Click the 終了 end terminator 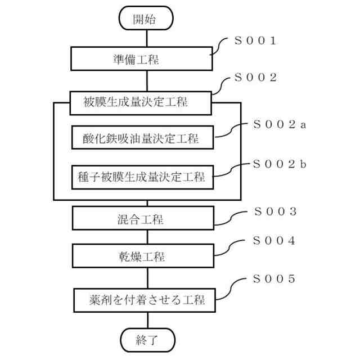(x=147, y=339)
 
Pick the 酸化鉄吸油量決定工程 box (x=143, y=138)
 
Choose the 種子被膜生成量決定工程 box (x=144, y=177)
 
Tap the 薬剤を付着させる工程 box (x=146, y=299)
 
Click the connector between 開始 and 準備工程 (x=146, y=38)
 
